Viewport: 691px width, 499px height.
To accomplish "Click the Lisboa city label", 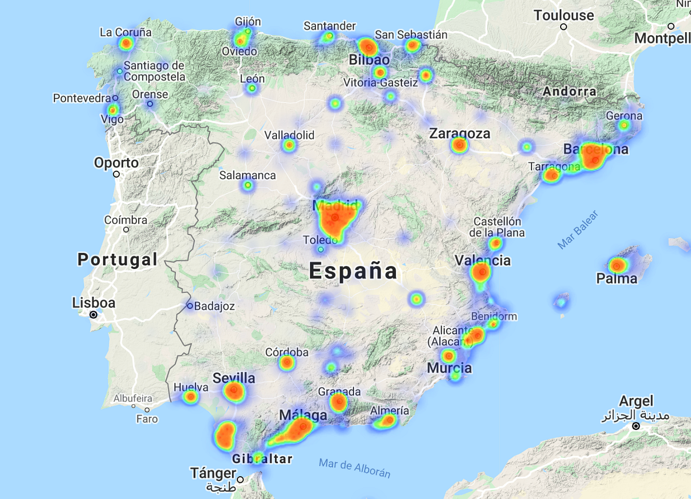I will pos(94,303).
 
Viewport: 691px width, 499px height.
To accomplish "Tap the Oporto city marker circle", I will pos(116,174).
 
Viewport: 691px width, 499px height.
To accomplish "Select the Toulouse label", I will pos(564,15).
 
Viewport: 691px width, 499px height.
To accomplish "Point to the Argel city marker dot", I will pos(636,426).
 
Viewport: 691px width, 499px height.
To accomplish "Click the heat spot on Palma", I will pos(617,266).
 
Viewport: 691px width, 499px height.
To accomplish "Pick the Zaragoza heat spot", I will pos(460,145).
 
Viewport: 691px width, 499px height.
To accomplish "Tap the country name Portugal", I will pos(117,260).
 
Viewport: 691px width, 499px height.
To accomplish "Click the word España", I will pos(353,271).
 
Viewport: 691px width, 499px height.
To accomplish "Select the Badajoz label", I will pos(214,306).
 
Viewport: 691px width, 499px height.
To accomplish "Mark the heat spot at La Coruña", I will pos(126,43).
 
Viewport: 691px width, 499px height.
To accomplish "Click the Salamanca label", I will pos(247,175).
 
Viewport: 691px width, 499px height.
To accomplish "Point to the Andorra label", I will pos(570,91).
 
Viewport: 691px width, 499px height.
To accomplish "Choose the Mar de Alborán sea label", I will pos(354,468).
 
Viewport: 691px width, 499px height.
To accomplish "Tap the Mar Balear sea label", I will pos(577,230).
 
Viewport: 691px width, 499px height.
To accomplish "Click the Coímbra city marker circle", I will pos(126,230).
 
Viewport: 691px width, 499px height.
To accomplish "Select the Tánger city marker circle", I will pos(240,479).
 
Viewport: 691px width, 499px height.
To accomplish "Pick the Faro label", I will pos(147,419).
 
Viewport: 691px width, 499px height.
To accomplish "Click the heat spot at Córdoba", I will pos(287,363).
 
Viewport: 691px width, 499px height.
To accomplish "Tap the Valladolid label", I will pos(289,135).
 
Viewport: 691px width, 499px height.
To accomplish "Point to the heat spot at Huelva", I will pos(191,397).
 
